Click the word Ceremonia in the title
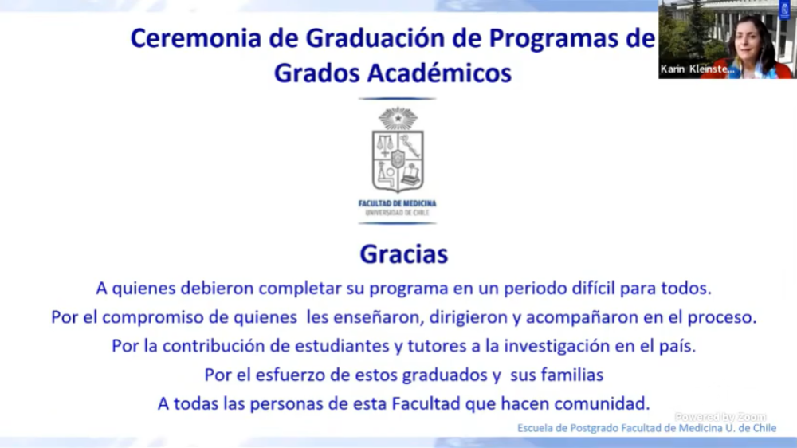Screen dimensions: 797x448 tap(196, 38)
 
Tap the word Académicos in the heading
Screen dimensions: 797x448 tap(439, 73)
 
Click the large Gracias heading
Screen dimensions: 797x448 tap(403, 253)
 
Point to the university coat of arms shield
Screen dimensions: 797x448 tap(398, 160)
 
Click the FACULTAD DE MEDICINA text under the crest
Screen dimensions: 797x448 tap(397, 203)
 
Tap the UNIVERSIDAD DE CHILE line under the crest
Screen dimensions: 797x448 tap(397, 213)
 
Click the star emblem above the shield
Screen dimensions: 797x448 tap(398, 119)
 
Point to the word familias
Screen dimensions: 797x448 tap(571, 375)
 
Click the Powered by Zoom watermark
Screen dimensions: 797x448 tap(720, 417)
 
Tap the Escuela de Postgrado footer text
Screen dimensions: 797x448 tap(646, 428)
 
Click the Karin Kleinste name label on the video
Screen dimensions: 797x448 tap(697, 69)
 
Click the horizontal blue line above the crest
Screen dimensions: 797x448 tap(397, 99)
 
